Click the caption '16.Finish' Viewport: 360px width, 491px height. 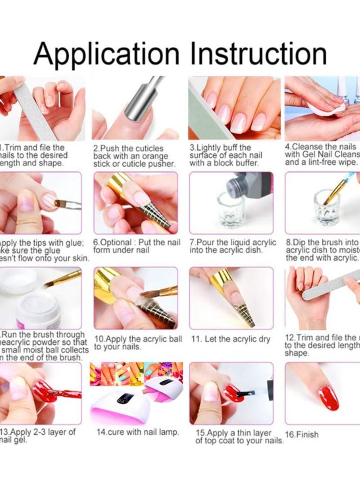coord(302,435)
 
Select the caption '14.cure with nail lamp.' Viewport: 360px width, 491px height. coord(138,432)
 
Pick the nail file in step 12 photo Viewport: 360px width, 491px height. coord(331,288)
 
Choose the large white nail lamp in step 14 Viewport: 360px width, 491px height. coord(119,405)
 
